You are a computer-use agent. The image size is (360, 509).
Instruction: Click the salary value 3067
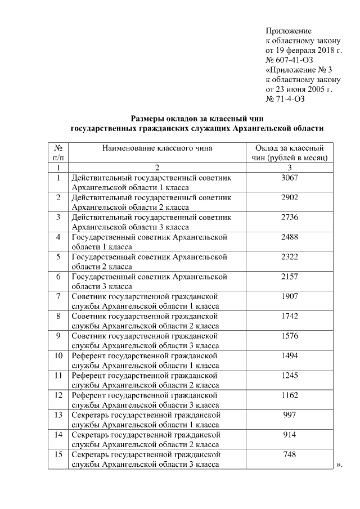pyautogui.click(x=289, y=178)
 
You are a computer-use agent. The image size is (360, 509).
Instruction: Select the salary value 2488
pyautogui.click(x=289, y=237)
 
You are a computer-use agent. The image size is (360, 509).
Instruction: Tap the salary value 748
pyautogui.click(x=289, y=454)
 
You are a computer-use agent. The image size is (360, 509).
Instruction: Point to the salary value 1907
pyautogui.click(x=289, y=296)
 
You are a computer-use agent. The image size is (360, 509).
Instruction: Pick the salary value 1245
pyautogui.click(x=289, y=375)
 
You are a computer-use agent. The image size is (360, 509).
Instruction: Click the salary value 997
pyautogui.click(x=289, y=415)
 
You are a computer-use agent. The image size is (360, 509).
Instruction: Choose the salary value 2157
pyautogui.click(x=289, y=277)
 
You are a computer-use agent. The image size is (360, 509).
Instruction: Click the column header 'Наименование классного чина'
pyautogui.click(x=157, y=148)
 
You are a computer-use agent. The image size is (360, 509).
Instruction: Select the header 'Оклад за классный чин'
pyautogui.click(x=289, y=153)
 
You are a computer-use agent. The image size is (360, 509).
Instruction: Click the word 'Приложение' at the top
pyautogui.click(x=288, y=31)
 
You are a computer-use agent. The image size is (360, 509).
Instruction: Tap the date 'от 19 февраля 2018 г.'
pyautogui.click(x=304, y=51)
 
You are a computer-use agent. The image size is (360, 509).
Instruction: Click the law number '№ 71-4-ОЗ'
pyautogui.click(x=284, y=100)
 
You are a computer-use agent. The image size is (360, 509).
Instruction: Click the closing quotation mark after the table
pyautogui.click(x=339, y=465)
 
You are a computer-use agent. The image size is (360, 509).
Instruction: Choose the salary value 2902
pyautogui.click(x=289, y=198)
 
